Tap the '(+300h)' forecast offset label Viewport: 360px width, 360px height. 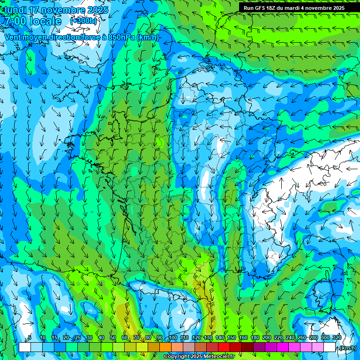(x=84, y=21)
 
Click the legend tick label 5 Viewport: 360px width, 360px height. (x=30, y=338)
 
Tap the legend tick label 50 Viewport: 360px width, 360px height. (x=113, y=338)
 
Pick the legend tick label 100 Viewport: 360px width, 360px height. (x=173, y=338)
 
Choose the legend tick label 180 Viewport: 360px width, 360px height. (x=255, y=338)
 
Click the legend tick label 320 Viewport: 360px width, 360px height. (x=337, y=338)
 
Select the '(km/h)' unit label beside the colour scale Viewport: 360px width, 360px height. (x=348, y=348)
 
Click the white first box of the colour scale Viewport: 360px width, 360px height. (x=25, y=347)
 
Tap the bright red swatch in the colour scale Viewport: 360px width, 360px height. (x=224, y=347)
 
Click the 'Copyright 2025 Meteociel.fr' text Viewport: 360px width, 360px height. (x=199, y=357)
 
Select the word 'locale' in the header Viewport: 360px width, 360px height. (x=45, y=22)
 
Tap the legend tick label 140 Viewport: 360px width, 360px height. (x=220, y=338)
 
